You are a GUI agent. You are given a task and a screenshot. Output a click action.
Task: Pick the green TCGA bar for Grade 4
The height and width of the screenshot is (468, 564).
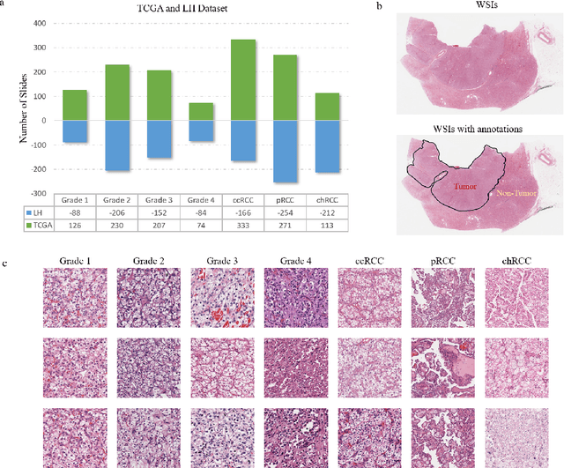click(x=201, y=111)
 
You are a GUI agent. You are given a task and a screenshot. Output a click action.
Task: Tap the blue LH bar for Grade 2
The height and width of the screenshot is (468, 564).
click(x=117, y=145)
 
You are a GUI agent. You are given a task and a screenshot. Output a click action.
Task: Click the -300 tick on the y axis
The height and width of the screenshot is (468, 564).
click(x=42, y=193)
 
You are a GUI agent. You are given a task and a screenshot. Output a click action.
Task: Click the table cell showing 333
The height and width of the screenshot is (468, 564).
click(x=244, y=225)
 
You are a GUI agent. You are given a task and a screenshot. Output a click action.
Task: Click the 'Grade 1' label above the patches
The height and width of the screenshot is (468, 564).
click(x=77, y=261)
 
